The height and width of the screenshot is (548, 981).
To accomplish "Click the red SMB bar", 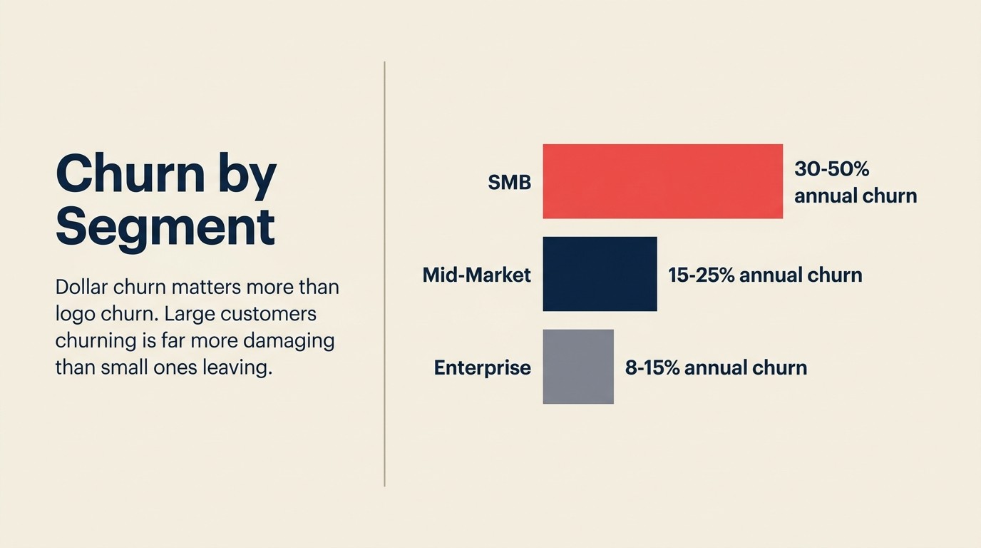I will (x=662, y=181).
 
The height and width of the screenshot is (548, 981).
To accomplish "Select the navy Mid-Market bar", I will (x=600, y=274).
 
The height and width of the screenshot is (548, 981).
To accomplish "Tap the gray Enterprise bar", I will (x=578, y=367).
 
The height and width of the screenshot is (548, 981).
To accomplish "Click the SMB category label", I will (x=509, y=183).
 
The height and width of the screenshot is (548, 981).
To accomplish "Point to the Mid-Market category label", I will (x=476, y=275).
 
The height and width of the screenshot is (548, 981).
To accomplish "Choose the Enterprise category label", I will (x=482, y=367).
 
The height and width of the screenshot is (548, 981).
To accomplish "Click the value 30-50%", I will (x=831, y=169).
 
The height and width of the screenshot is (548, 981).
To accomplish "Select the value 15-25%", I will (x=701, y=275).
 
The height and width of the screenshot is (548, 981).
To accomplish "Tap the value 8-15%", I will (x=652, y=367).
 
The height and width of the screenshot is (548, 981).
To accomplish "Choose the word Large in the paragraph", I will (x=190, y=314).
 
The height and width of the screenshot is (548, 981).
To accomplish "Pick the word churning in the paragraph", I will (x=95, y=341).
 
